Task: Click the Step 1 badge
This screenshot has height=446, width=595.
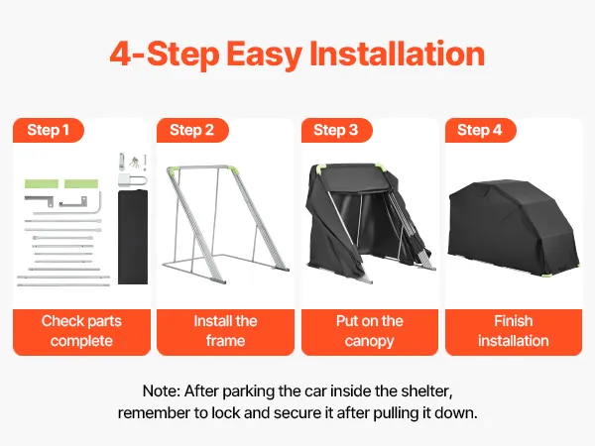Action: (49, 130)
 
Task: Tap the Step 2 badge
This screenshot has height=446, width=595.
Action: (192, 130)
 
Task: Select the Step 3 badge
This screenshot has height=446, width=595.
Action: (336, 130)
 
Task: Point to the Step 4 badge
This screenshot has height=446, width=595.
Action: (480, 130)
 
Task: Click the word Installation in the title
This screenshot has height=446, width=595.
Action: (398, 54)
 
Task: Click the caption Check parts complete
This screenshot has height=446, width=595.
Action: (81, 331)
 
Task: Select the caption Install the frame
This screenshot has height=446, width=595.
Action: (225, 331)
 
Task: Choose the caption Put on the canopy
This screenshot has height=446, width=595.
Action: (370, 331)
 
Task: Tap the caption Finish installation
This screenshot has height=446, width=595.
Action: (514, 331)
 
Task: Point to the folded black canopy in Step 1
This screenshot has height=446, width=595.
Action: (133, 237)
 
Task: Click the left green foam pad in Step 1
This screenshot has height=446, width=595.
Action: (42, 184)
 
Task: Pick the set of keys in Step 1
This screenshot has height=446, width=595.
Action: (134, 162)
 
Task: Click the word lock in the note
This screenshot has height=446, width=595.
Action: (226, 412)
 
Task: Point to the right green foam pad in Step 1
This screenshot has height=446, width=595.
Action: (81, 184)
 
